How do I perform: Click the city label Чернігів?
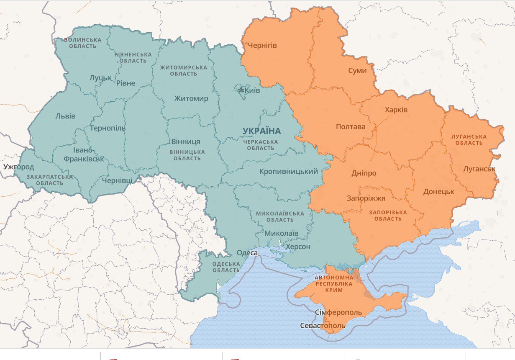262,45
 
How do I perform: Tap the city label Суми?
357,70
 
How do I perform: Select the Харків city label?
396,110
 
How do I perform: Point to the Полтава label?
351,126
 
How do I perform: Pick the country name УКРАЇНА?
261,131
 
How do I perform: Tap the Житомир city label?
191,99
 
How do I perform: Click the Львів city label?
65,116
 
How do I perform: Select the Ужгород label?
19,167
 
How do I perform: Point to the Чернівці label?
117,180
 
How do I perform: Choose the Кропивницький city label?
289,171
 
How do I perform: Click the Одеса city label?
247,252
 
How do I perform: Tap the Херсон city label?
298,247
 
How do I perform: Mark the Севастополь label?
323,326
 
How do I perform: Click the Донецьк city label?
438,191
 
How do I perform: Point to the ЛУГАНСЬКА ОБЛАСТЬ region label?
469,140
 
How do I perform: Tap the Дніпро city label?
364,173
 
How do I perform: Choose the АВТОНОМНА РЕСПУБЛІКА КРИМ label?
334,283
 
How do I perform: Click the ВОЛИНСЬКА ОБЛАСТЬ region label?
82,43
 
